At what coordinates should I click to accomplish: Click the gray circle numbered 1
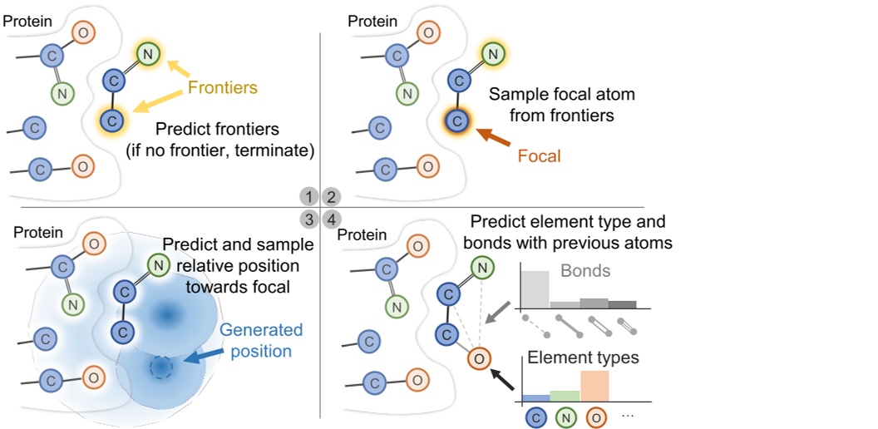pos(309,197)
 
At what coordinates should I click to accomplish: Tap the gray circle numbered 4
pos(331,219)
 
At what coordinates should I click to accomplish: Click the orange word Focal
pos(539,155)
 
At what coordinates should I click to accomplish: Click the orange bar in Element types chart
pos(594,387)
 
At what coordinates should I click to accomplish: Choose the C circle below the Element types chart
pos(535,416)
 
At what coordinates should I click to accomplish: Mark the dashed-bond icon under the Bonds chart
pos(535,325)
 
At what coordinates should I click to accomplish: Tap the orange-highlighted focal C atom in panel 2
pos(455,121)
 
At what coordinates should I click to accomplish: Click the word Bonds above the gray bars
pos(585,272)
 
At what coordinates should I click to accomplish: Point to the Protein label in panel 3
pos(38,232)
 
